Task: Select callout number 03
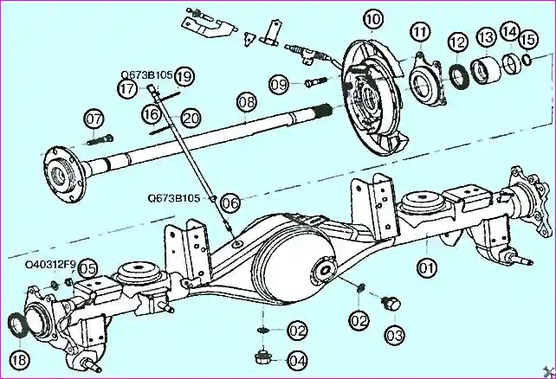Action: tap(394, 333)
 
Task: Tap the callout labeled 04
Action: tap(297, 359)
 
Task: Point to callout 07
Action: tap(93, 119)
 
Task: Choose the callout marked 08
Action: tap(247, 102)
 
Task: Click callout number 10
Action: tap(372, 19)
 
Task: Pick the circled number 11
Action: tap(421, 34)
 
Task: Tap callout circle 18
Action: tap(20, 358)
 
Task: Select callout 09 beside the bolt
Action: tap(278, 84)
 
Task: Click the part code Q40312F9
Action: tap(49, 263)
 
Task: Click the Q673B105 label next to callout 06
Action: tap(173, 197)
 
